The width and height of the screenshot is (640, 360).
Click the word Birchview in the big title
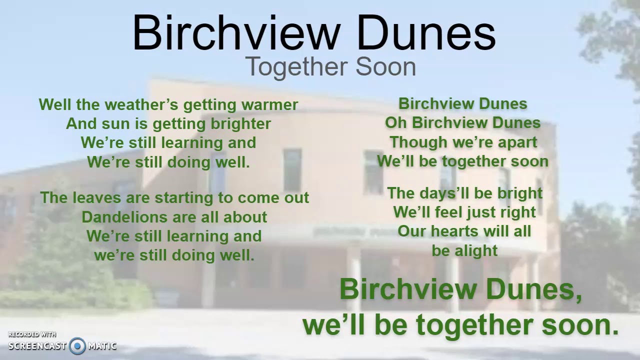[x=235, y=33]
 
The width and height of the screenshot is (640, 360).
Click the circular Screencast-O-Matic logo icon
[x=77, y=345]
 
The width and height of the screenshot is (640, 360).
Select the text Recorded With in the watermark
[x=32, y=334]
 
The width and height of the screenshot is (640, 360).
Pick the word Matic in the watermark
[x=102, y=345]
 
